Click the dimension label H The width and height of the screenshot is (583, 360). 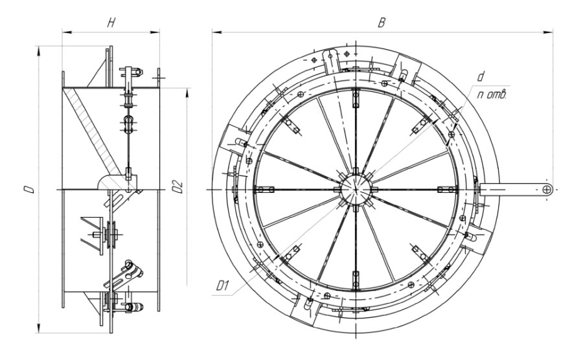(111, 23)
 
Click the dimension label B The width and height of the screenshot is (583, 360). (382, 23)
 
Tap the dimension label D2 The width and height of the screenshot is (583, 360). (178, 187)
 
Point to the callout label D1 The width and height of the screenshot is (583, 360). (222, 286)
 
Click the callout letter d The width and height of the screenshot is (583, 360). (481, 77)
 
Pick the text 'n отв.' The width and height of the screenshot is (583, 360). (492, 95)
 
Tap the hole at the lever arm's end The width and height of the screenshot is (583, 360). (547, 190)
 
